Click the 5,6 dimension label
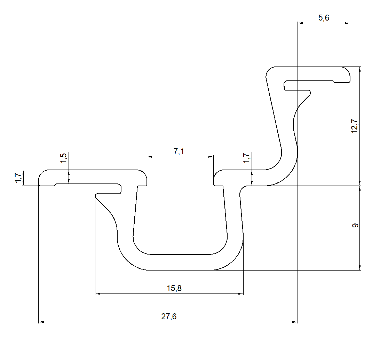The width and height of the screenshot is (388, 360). tap(324, 18)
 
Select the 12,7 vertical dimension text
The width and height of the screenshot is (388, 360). tap(355, 126)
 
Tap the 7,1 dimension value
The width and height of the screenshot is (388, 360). tap(179, 151)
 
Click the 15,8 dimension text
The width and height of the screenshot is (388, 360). tap(174, 288)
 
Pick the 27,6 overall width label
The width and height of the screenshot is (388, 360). tap(169, 316)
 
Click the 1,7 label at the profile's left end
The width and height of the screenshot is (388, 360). tap(18, 178)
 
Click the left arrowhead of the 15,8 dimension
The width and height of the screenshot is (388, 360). tap(98, 294)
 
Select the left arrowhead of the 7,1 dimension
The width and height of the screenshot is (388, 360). tap(149, 157)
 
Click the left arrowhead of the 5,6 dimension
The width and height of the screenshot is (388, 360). tap(301, 23)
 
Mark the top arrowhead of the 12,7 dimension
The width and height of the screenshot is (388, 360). tap(360, 69)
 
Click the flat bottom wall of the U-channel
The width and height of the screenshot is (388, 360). tap(179, 262)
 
